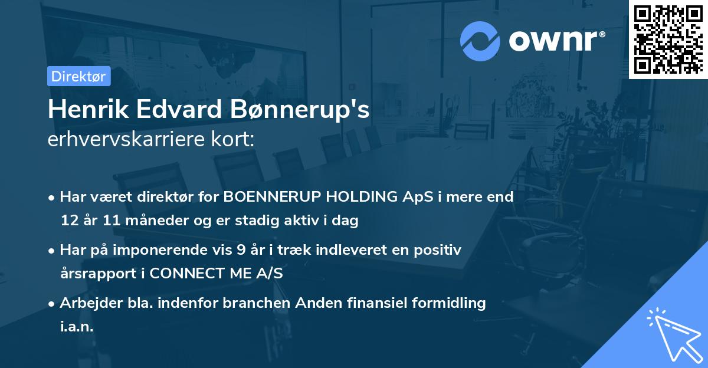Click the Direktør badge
click(x=78, y=76)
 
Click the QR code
click(x=668, y=39)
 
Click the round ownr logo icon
click(x=479, y=41)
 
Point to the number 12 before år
click(x=69, y=221)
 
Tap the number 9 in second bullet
click(x=241, y=250)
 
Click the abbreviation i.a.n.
click(x=77, y=327)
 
